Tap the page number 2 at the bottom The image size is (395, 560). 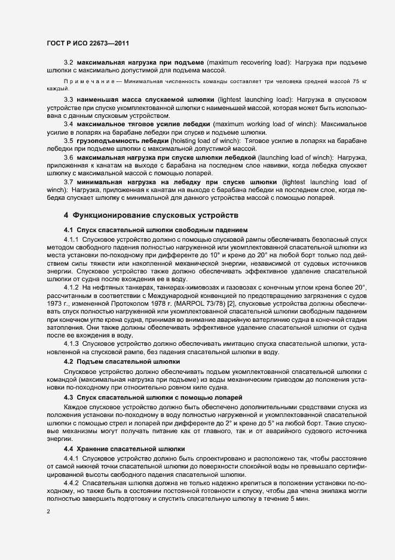tap(48, 512)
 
